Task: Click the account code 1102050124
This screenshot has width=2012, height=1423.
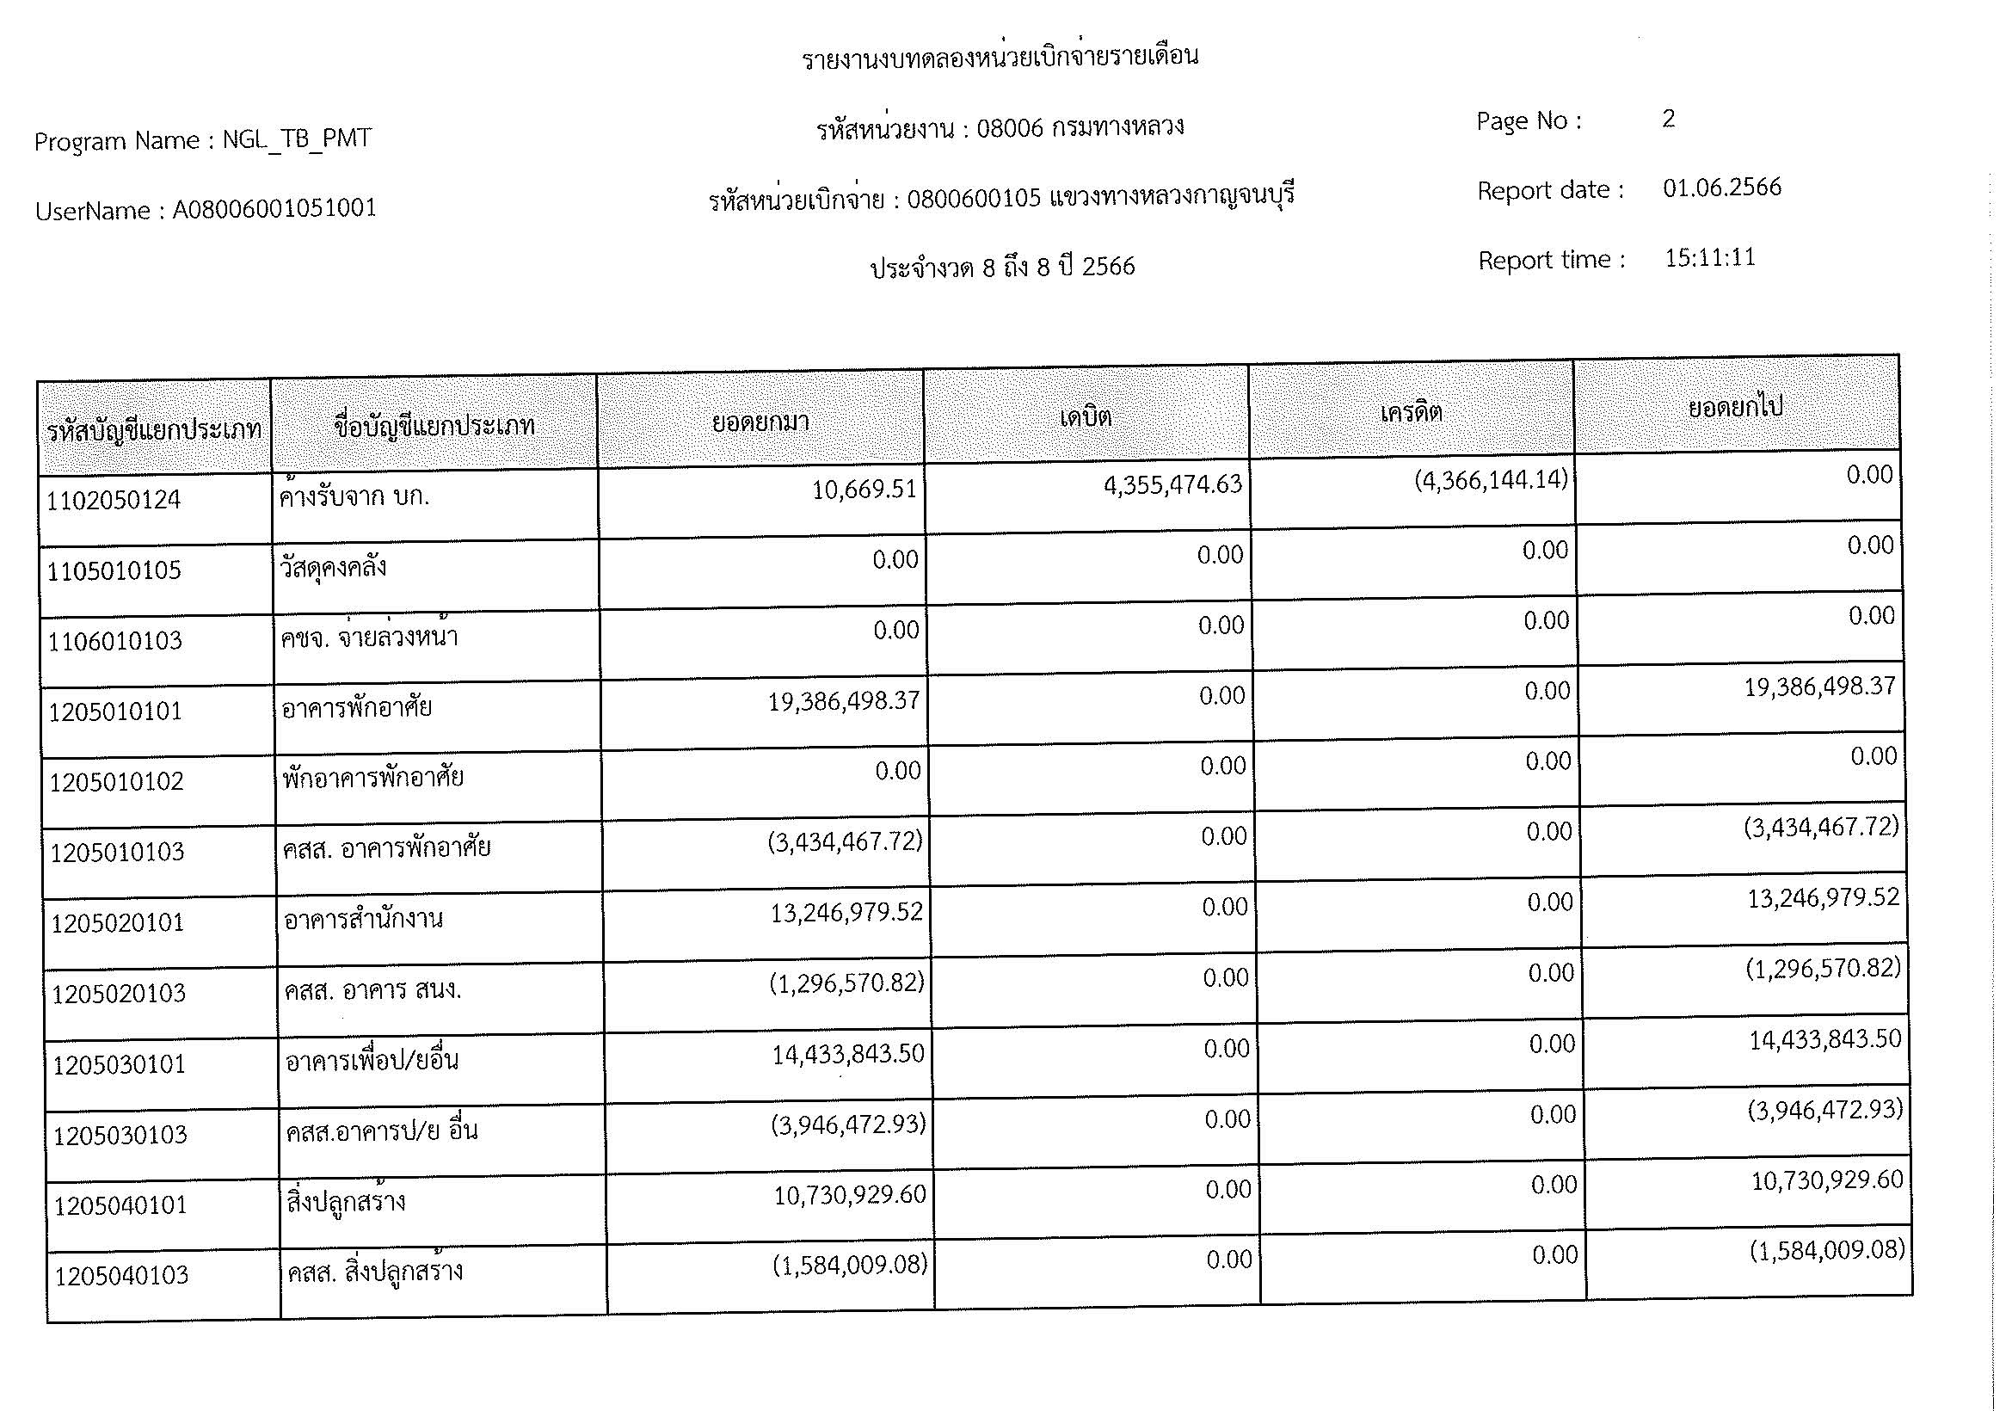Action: tap(113, 501)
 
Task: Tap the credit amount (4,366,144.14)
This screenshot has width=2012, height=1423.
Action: tap(1491, 479)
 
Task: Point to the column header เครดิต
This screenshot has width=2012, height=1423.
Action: tap(1411, 412)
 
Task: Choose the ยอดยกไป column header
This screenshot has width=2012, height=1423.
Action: tap(1735, 408)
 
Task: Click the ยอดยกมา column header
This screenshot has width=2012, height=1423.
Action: tap(760, 422)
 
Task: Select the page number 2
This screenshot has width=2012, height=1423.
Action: tap(1668, 120)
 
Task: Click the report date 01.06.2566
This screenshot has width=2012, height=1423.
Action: tap(1722, 188)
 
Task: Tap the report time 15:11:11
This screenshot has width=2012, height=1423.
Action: tap(1710, 257)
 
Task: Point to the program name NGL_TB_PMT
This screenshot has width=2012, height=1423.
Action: tap(296, 139)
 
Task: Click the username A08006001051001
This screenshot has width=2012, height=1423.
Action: tap(274, 208)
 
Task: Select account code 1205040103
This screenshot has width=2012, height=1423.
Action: tap(122, 1276)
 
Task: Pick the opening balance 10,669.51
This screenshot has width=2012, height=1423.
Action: tap(864, 489)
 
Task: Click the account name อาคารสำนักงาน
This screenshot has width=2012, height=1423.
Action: tap(364, 919)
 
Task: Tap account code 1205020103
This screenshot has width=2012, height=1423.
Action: tap(119, 994)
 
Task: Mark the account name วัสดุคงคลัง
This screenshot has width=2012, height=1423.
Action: tap(333, 568)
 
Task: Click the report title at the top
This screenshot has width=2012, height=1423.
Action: tap(1000, 58)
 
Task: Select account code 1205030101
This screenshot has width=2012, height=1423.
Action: tap(120, 1064)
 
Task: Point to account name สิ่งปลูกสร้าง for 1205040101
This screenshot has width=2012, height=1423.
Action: tap(346, 1201)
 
